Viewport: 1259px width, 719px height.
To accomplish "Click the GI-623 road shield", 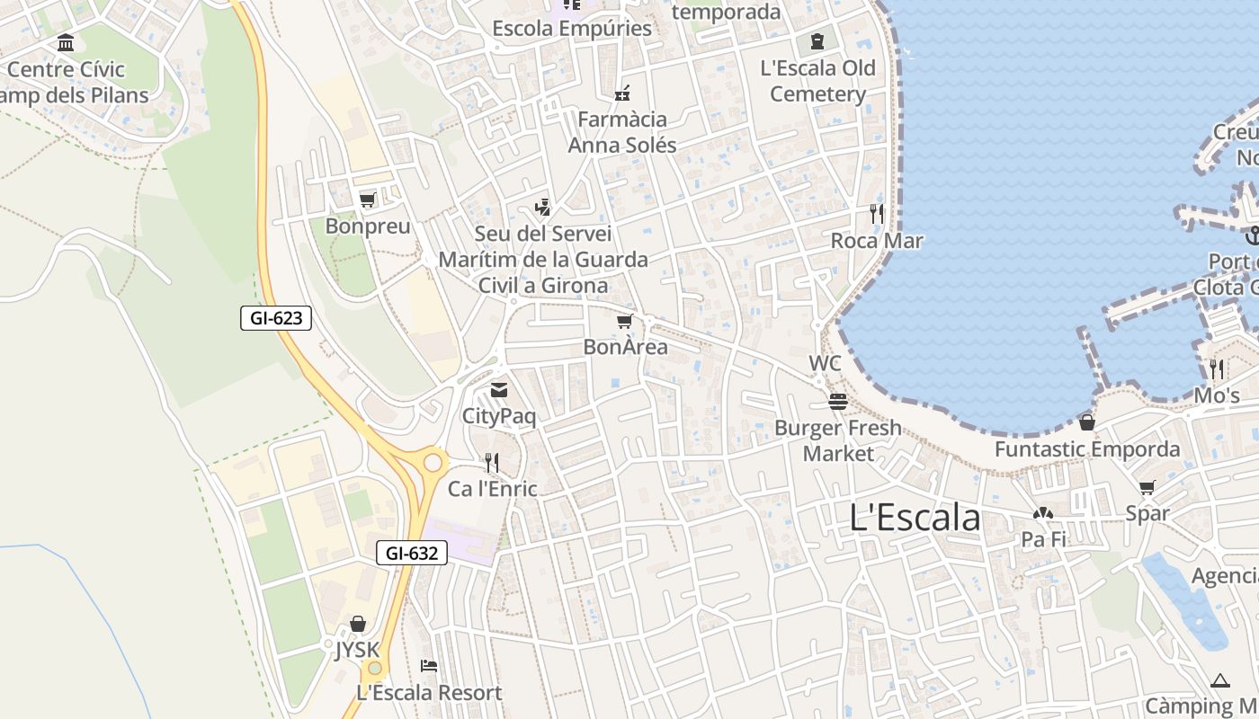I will tap(276, 317).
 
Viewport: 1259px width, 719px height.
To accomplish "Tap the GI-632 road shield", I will tap(411, 553).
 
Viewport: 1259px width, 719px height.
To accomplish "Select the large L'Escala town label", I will tap(915, 518).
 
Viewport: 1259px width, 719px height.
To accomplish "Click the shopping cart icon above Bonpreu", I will tap(367, 200).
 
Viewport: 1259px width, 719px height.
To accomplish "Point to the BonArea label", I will tap(626, 347).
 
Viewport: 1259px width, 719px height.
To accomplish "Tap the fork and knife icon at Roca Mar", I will tap(877, 214).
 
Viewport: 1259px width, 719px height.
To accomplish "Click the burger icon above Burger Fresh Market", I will tap(838, 401).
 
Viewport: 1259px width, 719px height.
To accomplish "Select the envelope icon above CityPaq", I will tap(499, 390).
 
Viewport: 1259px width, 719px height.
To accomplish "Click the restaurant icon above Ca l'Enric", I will tap(492, 463).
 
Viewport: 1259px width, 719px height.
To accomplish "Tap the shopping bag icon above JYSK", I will tap(358, 624).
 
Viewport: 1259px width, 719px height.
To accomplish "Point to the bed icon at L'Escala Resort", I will tap(429, 666).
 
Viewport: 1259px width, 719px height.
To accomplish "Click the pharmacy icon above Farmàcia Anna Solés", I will tap(622, 93).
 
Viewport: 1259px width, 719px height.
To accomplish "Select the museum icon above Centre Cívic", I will tap(66, 43).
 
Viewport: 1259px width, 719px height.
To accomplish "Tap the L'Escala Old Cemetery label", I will tap(817, 81).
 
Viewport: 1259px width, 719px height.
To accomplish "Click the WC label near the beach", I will tap(825, 363).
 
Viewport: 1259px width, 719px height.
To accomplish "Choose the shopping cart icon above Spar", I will tap(1147, 488).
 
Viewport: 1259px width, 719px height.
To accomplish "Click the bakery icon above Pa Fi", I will tap(1043, 514).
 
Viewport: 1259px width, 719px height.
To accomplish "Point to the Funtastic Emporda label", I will tap(1087, 448).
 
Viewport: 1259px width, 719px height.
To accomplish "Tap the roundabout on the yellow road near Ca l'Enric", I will tap(433, 462).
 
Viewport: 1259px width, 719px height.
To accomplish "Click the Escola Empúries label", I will tap(572, 29).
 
